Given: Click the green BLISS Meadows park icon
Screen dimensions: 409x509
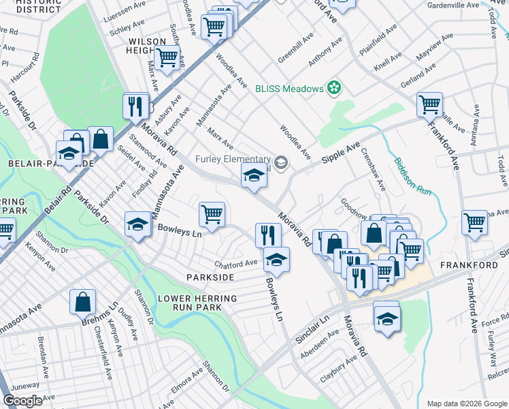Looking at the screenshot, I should pos(333,87).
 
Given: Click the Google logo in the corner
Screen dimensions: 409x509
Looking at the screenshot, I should pos(23,401).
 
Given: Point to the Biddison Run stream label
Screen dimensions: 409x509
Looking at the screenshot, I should pos(412,178).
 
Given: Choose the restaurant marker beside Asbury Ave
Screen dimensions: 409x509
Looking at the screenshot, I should pos(136,106).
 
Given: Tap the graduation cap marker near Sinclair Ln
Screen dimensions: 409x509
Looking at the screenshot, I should pos(387,317).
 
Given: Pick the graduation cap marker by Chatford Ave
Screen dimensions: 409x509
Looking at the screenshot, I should pos(276,260).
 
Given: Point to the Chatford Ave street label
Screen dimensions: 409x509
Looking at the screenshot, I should pos(235,263).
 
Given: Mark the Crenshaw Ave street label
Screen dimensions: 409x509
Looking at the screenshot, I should pos(373,170).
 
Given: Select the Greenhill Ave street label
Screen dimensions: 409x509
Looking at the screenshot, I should pos(296,48).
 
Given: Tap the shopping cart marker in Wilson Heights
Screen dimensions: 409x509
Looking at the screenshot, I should pos(166,58).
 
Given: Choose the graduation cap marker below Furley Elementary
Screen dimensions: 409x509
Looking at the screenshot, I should pos(254,176).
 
